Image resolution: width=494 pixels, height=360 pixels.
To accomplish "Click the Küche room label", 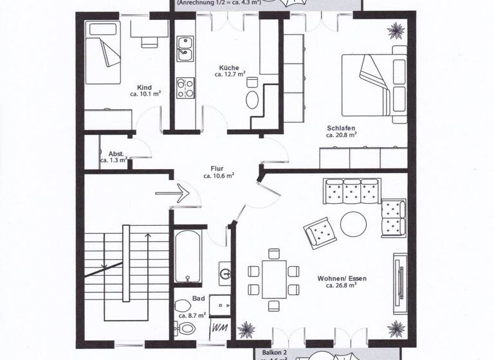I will click(x=230, y=67).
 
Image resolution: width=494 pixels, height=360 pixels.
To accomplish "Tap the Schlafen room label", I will click(x=341, y=128).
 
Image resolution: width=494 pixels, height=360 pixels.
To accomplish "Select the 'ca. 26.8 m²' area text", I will click(x=341, y=285).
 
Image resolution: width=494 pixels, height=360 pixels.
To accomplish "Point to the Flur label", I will click(x=219, y=168).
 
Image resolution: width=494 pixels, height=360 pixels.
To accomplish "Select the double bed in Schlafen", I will click(x=374, y=84).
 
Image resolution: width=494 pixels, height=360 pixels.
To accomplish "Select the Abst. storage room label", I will click(x=116, y=154).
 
